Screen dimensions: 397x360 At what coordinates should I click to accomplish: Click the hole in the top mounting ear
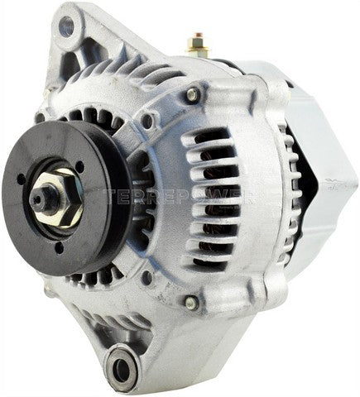click(x=66, y=28)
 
